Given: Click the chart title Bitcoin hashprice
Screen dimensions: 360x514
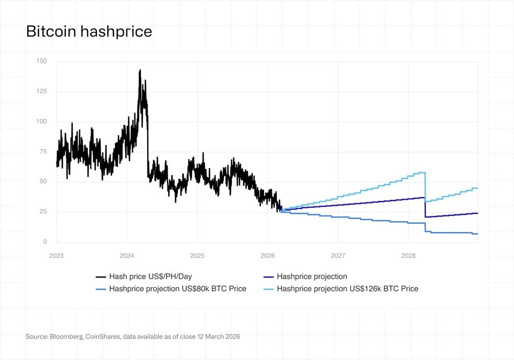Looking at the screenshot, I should pyautogui.click(x=89, y=32).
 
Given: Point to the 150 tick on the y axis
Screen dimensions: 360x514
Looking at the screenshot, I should pyautogui.click(x=42, y=62).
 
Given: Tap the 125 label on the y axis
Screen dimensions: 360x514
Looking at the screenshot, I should pyautogui.click(x=42, y=92).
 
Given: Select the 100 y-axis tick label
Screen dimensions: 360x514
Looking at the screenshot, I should pyautogui.click(x=42, y=122).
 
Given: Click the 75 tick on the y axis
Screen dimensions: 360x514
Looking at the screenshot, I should pyautogui.click(x=43, y=152).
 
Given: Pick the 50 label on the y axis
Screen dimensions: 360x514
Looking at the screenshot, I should pyautogui.click(x=43, y=182).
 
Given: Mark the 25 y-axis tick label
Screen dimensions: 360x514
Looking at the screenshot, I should pyautogui.click(x=43, y=212).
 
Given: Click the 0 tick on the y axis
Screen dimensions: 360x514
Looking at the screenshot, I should pyautogui.click(x=45, y=242).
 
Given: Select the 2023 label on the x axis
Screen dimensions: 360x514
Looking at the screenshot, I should pyautogui.click(x=56, y=256).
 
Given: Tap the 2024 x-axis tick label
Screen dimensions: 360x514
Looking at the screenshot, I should pyautogui.click(x=127, y=256).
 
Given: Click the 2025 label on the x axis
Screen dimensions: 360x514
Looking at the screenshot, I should pyautogui.click(x=197, y=256).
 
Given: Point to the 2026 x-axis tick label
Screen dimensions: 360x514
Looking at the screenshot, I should pyautogui.click(x=268, y=256).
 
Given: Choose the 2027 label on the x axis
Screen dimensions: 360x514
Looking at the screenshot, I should pyautogui.click(x=338, y=256).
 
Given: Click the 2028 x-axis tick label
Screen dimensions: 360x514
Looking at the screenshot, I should pyautogui.click(x=409, y=256).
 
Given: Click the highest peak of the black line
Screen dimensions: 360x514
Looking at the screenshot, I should pyautogui.click(x=140, y=70).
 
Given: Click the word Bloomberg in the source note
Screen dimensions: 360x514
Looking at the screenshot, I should pyautogui.click(x=66, y=337).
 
